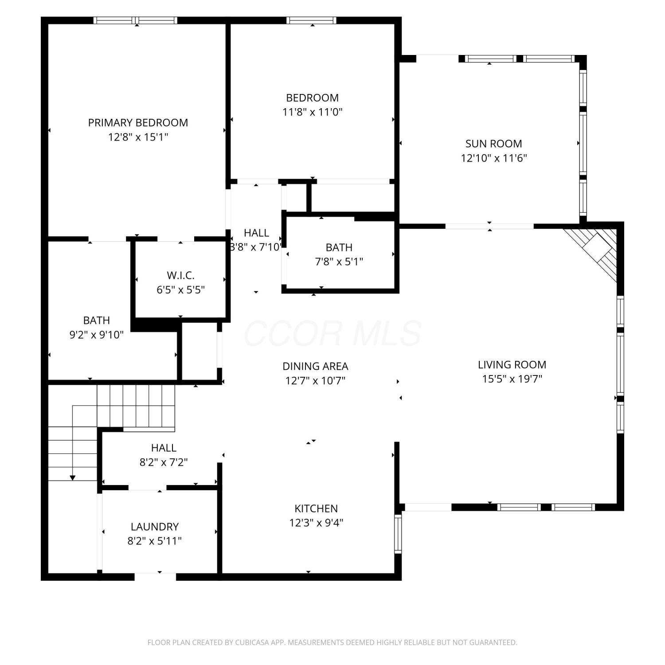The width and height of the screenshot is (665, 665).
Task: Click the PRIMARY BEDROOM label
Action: coord(138,123)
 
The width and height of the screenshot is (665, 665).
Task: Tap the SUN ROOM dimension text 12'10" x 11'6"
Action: coord(494,158)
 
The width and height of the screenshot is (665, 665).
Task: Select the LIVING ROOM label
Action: coord(512,365)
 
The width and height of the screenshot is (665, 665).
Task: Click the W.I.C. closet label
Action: coord(181,276)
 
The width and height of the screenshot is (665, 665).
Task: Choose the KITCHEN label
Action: coord(316,509)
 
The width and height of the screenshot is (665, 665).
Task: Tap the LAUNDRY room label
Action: coord(155,527)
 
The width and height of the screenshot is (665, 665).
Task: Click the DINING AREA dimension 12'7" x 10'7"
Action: coord(315,381)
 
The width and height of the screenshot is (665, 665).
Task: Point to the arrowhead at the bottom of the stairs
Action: coord(72,477)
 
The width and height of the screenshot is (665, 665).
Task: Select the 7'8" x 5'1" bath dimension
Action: coord(339,262)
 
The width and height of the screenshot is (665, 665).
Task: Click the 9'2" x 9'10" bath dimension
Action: coord(97,335)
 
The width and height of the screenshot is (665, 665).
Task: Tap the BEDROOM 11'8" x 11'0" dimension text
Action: coord(313,112)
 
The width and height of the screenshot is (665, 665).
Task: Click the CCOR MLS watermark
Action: coord(332,333)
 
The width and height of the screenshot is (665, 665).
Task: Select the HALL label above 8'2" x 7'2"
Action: coord(164,448)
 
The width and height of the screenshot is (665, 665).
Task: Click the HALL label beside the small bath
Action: coord(256,233)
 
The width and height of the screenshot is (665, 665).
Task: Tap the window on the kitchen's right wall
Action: coord(398,534)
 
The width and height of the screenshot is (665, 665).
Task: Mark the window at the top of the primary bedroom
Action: coord(135,20)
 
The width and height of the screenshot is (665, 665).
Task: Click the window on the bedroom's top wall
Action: coord(311,20)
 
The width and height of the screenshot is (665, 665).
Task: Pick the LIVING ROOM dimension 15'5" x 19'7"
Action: coord(512,379)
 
